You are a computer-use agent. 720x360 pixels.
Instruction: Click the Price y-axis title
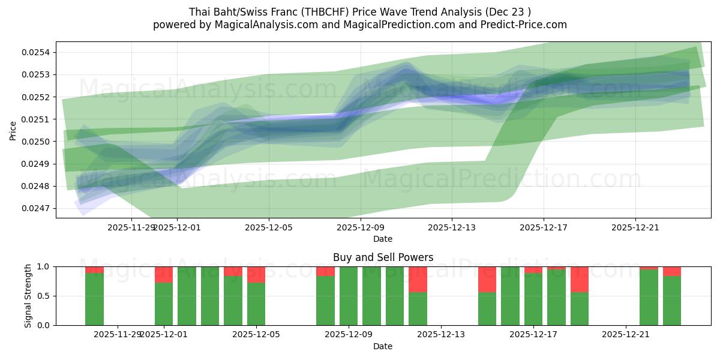tap(13, 130)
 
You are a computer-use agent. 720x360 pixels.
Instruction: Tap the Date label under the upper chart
tap(383, 239)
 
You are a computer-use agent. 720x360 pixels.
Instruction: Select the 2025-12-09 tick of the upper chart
tap(360, 227)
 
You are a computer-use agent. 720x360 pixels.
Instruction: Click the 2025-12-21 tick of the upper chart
tap(635, 227)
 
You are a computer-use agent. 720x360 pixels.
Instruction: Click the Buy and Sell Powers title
tap(383, 257)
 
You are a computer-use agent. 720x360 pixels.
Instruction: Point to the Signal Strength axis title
tap(28, 296)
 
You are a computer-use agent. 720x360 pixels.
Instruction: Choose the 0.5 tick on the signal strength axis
tap(44, 296)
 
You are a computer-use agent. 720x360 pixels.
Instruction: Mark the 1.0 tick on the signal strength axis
tap(44, 266)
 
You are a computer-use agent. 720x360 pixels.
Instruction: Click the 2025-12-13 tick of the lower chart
tap(441, 334)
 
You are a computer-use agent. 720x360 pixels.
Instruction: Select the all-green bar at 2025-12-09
tap(349, 296)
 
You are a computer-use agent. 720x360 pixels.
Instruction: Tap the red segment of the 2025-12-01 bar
tap(164, 274)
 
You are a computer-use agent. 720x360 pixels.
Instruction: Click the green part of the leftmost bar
tap(94, 299)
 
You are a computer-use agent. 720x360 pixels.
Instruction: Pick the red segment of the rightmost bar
tap(672, 271)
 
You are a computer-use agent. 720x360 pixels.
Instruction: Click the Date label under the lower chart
tap(383, 346)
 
